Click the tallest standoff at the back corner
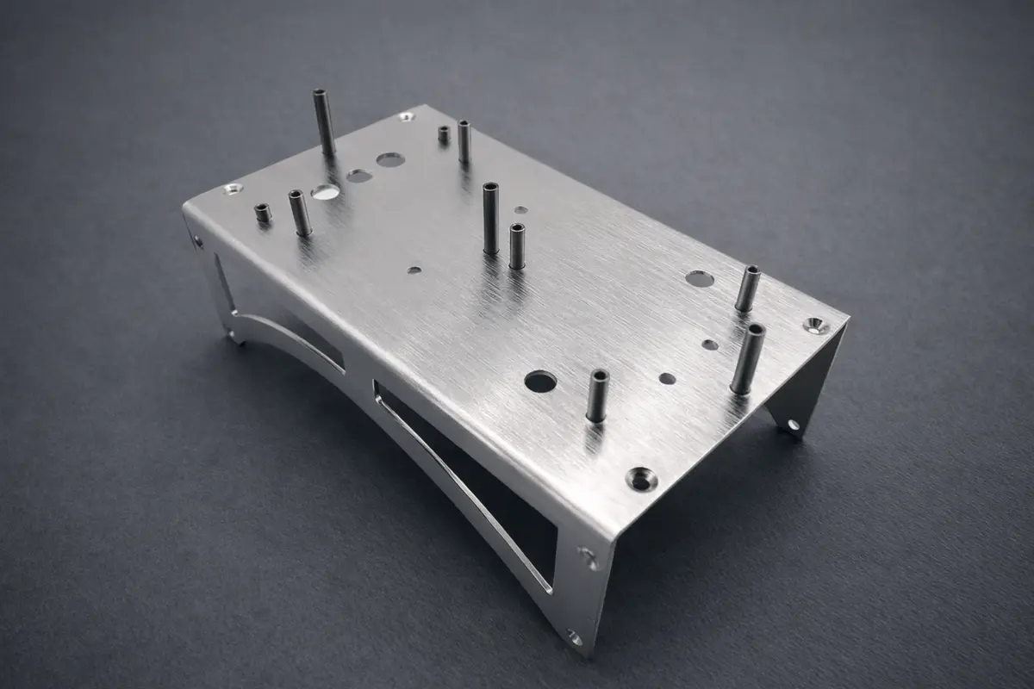tap(324, 123)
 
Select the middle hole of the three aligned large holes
tap(359, 176)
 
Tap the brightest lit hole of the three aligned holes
tap(325, 191)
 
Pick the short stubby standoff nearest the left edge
tap(263, 213)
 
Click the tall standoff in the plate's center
tap(490, 217)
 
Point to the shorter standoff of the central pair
tap(517, 245)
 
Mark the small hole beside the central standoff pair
tap(520, 209)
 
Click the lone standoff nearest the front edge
tap(597, 395)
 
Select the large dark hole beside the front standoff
tap(540, 382)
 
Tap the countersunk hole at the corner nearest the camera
tap(641, 478)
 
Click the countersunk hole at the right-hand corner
tap(816, 325)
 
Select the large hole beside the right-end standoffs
tap(700, 278)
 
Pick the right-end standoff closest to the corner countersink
tap(747, 357)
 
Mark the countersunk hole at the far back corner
tap(406, 115)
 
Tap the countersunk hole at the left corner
tap(231, 188)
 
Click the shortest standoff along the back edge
tap(444, 134)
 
